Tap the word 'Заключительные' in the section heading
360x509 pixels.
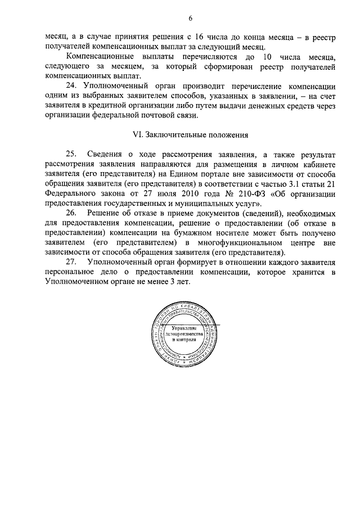click(x=173, y=136)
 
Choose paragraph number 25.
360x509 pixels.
click(x=72, y=155)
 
